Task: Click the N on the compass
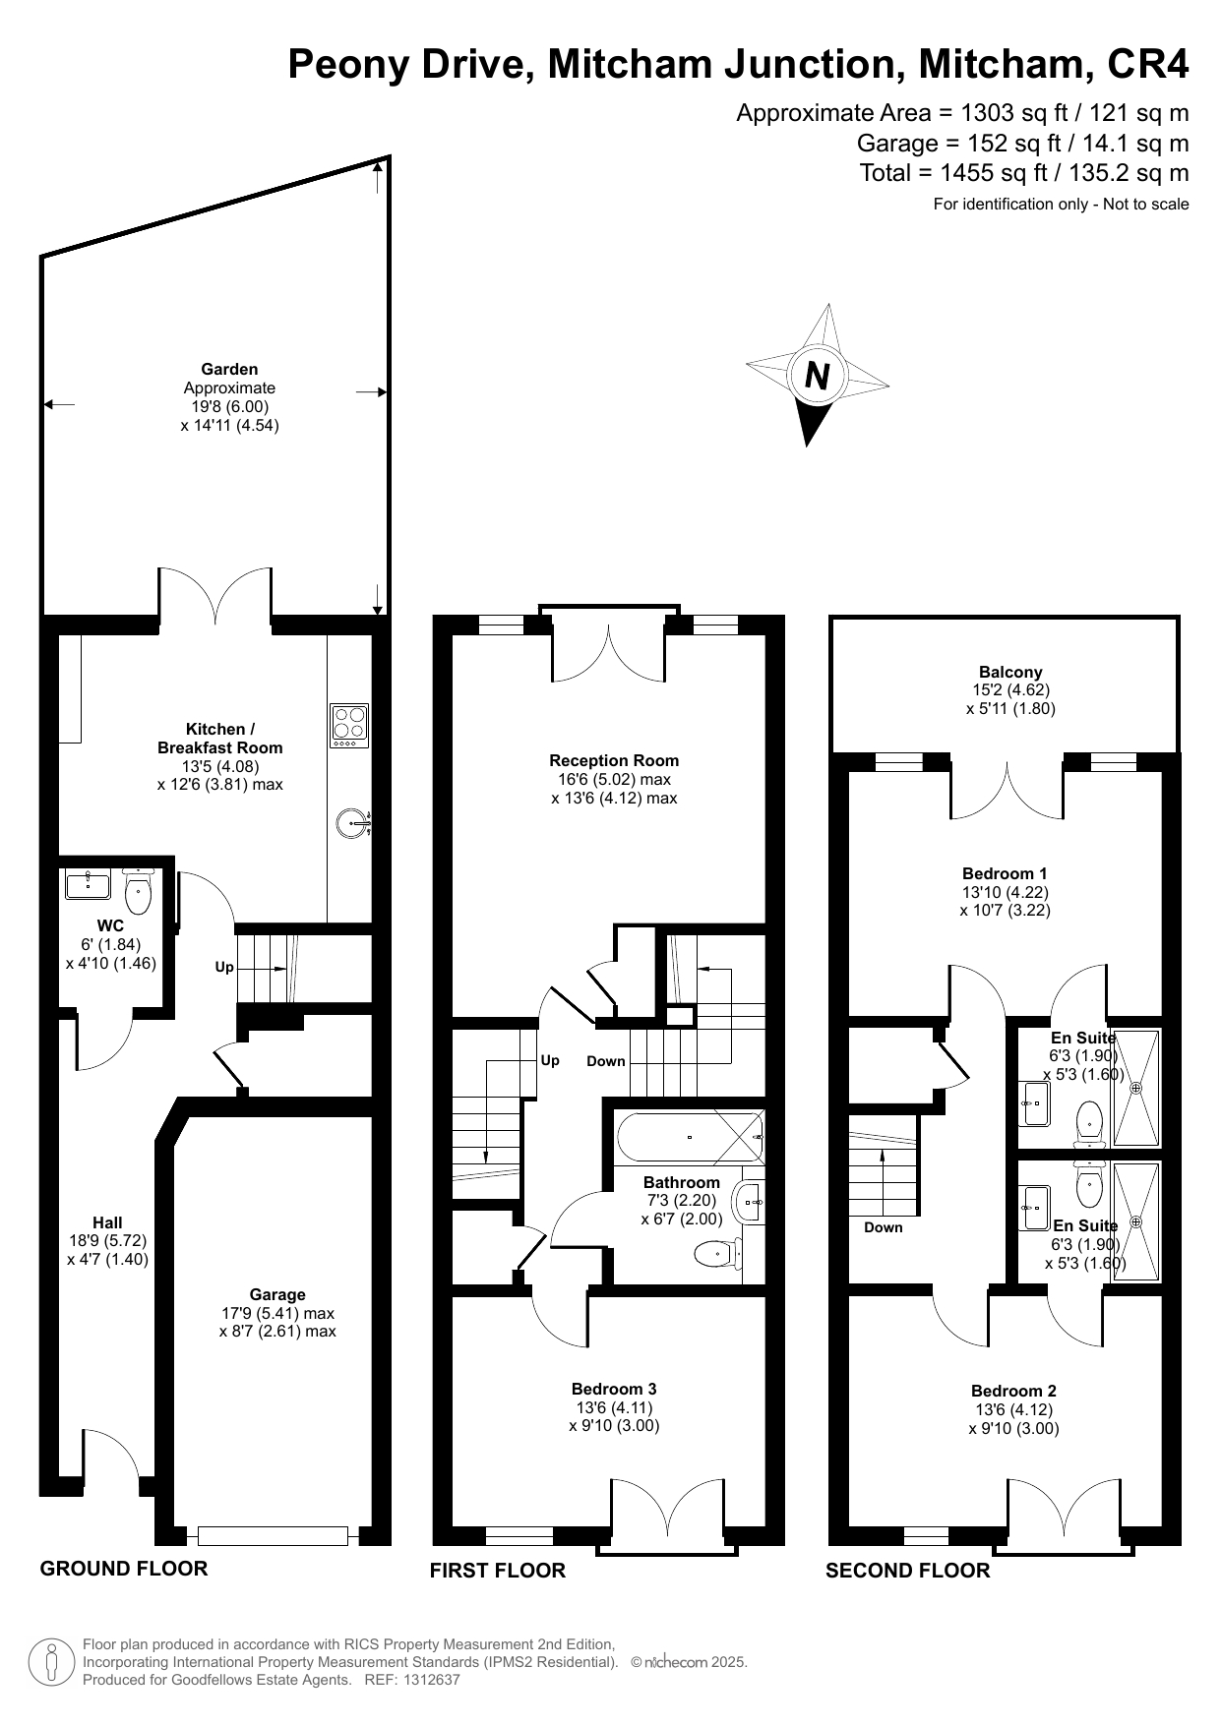pyautogui.click(x=818, y=376)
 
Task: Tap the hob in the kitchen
pyautogui.click(x=349, y=725)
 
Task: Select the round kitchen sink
pyautogui.click(x=352, y=822)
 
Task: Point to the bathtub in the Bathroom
pyautogui.click(x=690, y=1137)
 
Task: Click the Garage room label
pyautogui.click(x=277, y=1294)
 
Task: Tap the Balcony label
pyautogui.click(x=1010, y=673)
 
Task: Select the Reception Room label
pyautogui.click(x=614, y=760)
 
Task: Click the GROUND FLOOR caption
pyautogui.click(x=124, y=1568)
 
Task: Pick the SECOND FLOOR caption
pyautogui.click(x=907, y=1571)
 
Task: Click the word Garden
pyautogui.click(x=229, y=369)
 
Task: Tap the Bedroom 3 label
pyautogui.click(x=614, y=1389)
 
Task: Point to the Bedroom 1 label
pyautogui.click(x=1005, y=873)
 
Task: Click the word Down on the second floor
pyautogui.click(x=884, y=1227)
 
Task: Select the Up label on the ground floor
pyautogui.click(x=224, y=967)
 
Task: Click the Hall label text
pyautogui.click(x=107, y=1222)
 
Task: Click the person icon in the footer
pyautogui.click(x=50, y=1663)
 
